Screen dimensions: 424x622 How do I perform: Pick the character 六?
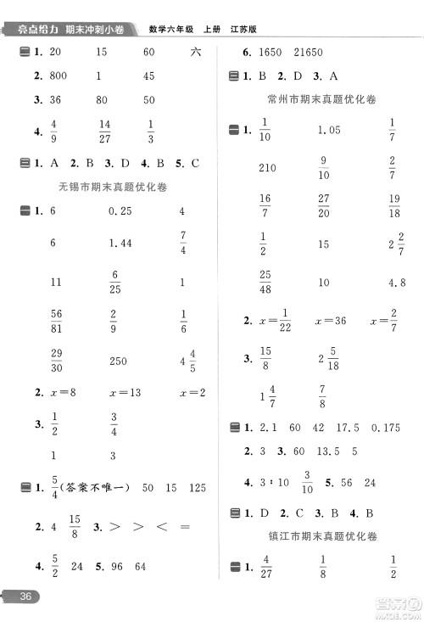(x=197, y=53)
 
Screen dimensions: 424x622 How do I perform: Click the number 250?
(x=119, y=361)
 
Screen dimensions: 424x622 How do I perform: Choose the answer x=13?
(x=125, y=393)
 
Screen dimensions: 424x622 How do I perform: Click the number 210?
(x=267, y=167)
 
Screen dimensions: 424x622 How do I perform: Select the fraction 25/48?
(x=265, y=283)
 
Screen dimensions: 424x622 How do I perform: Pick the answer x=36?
(x=330, y=321)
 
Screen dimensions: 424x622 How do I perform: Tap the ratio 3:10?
(x=274, y=482)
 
